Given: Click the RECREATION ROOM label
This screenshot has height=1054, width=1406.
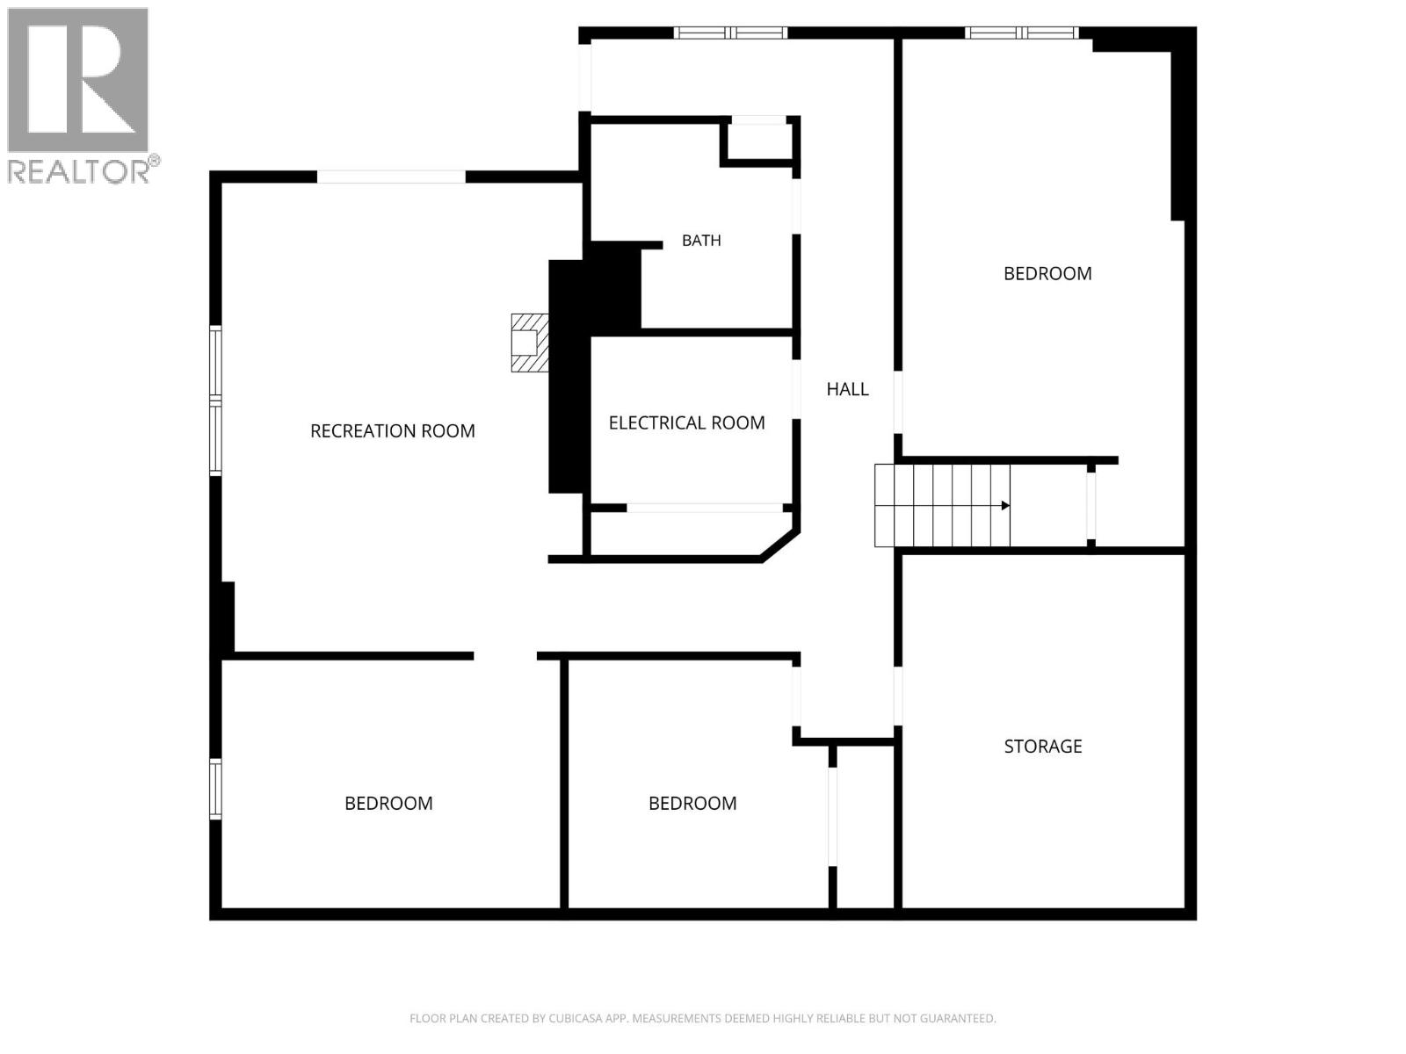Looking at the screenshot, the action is [392, 430].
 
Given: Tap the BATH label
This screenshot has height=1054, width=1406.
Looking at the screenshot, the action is [701, 240].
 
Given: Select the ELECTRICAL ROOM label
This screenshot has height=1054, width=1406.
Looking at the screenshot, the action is [686, 422].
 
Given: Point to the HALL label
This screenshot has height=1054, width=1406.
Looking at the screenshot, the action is [847, 389].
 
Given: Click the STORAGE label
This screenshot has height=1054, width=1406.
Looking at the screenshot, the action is [1043, 747].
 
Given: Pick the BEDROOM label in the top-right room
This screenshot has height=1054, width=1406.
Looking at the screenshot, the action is [1047, 273].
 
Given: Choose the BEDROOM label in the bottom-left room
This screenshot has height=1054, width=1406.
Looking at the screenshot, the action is [388, 803].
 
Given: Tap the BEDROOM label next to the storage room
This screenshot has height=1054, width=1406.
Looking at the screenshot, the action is [692, 803].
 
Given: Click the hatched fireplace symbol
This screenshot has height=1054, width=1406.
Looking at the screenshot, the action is [530, 343].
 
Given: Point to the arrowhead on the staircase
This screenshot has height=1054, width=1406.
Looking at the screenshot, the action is [1005, 506].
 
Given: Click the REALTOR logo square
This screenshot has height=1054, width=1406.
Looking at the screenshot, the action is [77, 80].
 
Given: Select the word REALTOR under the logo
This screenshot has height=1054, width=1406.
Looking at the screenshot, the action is [78, 171].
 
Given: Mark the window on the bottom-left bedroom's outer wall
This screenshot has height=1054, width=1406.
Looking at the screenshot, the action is [216, 789].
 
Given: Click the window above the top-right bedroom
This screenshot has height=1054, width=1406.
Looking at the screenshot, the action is [1022, 32].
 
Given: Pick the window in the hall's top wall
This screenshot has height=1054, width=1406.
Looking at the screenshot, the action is [730, 32].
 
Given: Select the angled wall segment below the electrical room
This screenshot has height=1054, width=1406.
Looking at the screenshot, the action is [780, 545].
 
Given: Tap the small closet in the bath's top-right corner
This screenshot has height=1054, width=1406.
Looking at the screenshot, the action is [759, 141].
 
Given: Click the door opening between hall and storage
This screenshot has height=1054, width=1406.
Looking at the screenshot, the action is [898, 696].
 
